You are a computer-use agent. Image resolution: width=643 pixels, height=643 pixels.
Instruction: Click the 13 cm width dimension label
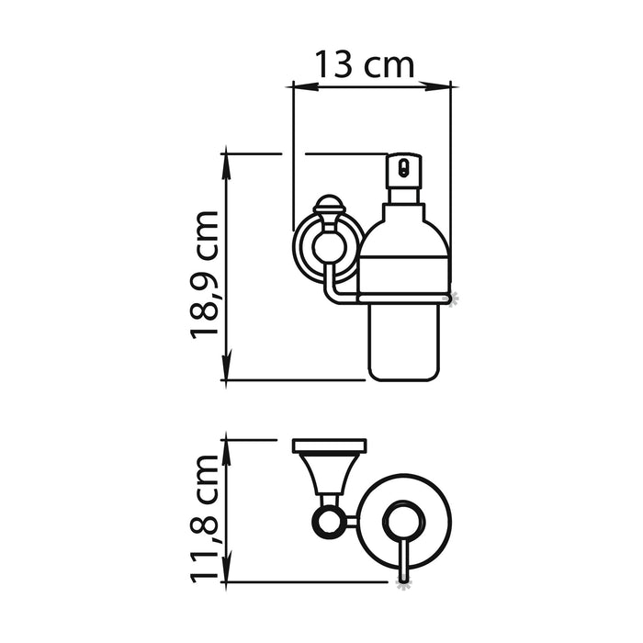[364, 64]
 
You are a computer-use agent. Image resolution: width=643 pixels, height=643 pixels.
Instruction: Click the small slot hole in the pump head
[401, 168]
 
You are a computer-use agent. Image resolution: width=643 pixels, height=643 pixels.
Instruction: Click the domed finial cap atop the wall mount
[328, 204]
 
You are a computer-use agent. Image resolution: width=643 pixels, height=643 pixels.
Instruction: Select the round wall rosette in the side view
[325, 247]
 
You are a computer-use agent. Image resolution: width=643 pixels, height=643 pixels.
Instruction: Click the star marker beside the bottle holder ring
[451, 297]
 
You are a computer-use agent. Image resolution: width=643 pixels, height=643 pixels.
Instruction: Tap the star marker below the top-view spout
[401, 581]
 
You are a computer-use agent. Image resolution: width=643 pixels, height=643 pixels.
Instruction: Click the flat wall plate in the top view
[329, 446]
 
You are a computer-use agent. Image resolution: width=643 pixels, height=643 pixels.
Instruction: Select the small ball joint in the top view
[325, 523]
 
